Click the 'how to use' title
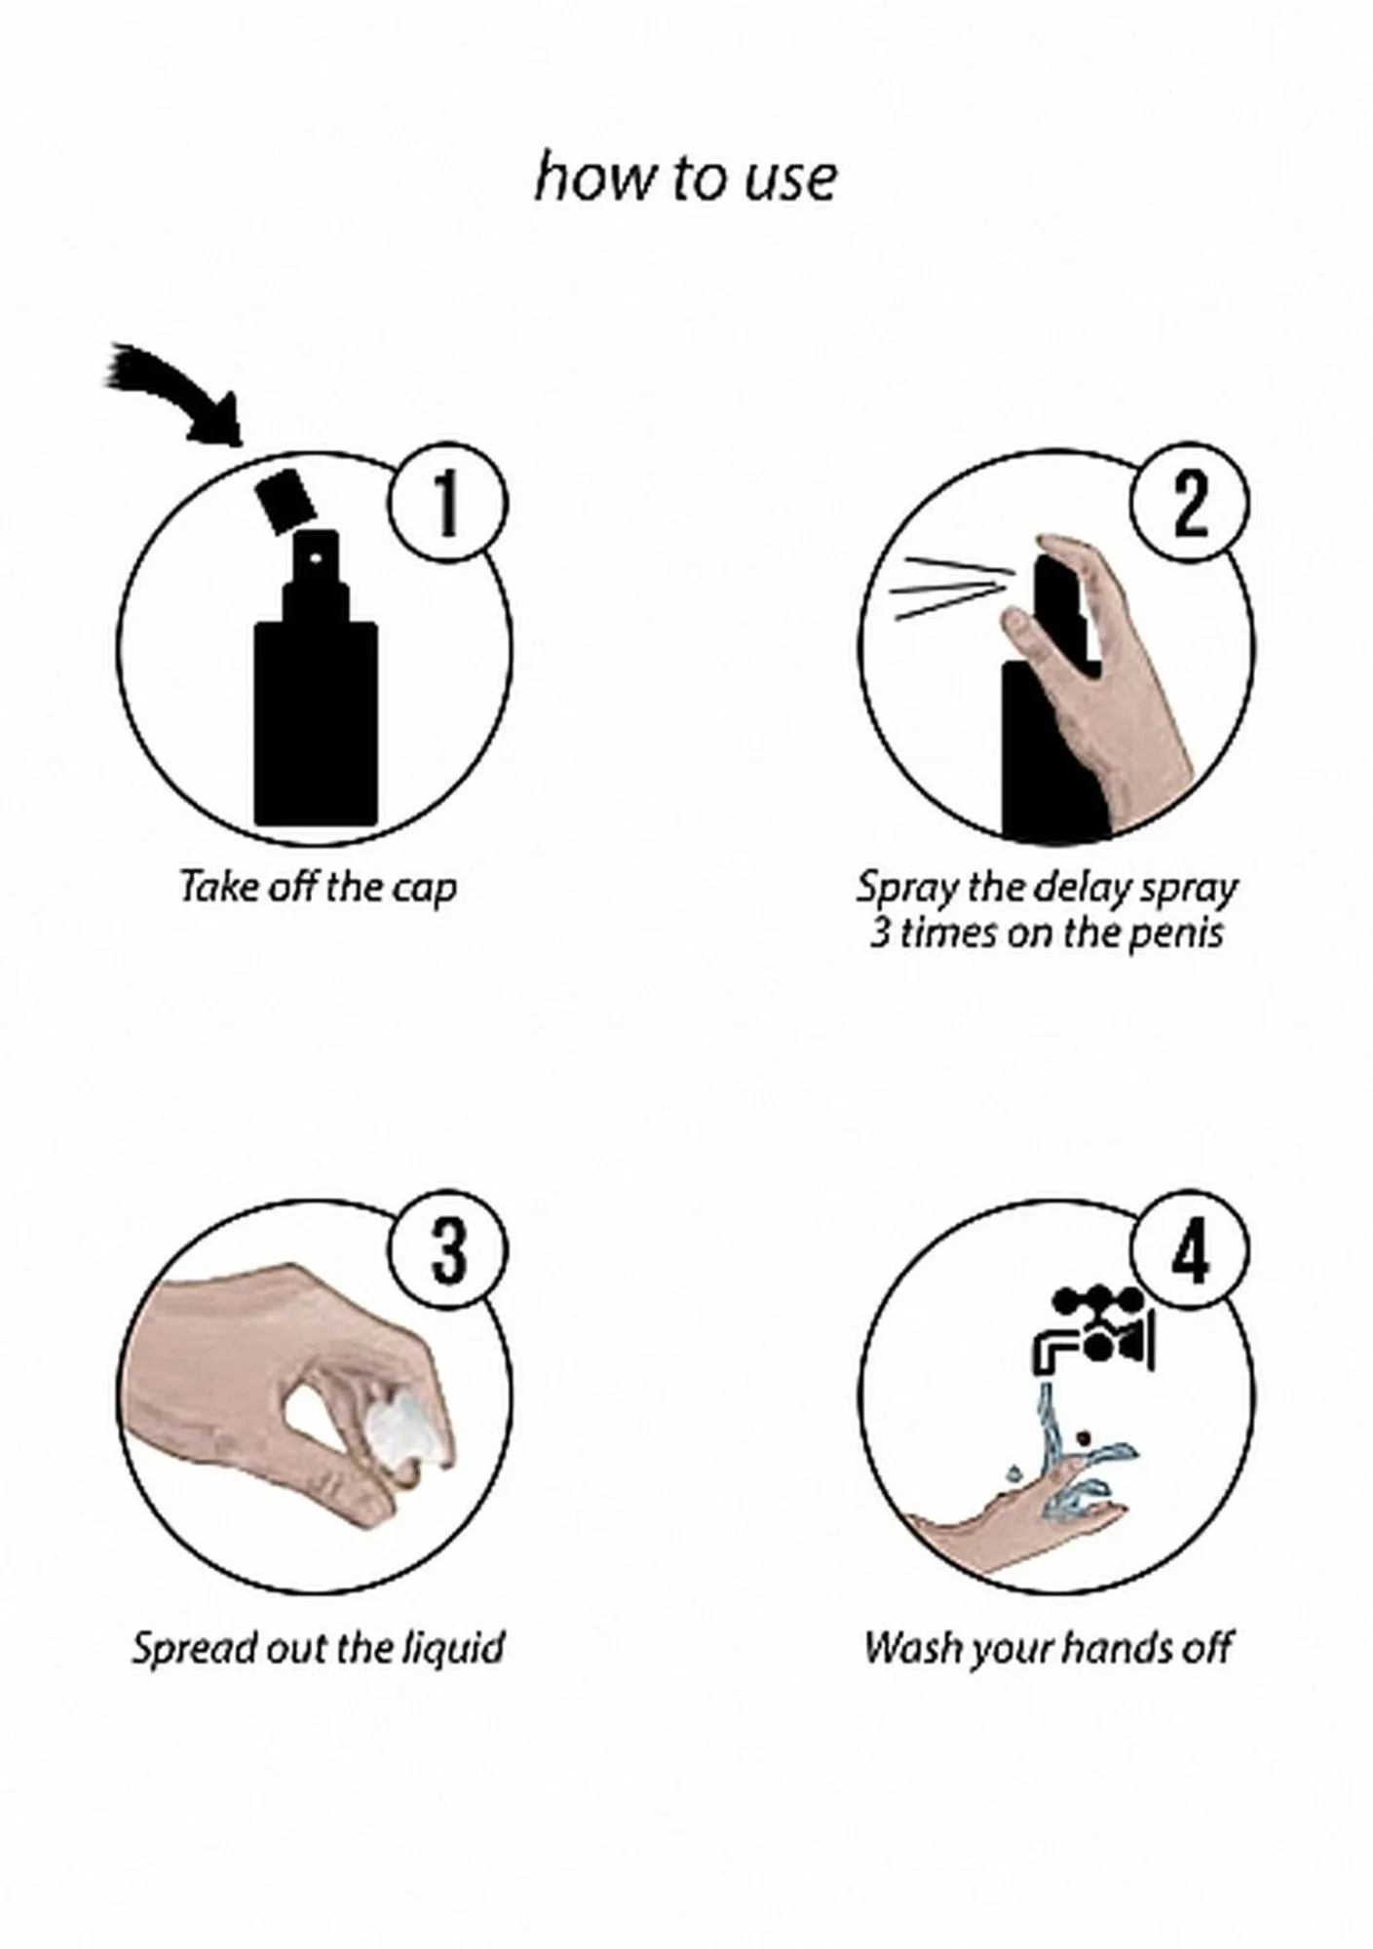(685, 179)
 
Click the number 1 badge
(447, 507)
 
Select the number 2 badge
(1191, 507)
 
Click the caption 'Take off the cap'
(319, 888)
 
